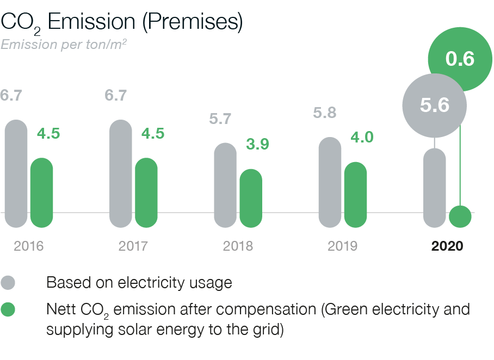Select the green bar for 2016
(41, 193)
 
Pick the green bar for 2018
(251, 198)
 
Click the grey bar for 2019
(329, 182)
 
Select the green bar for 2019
(355, 194)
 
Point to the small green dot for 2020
(460, 216)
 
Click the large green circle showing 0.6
(460, 59)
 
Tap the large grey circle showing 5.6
(435, 104)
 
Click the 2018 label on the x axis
(238, 246)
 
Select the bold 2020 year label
(447, 246)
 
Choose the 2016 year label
(28, 246)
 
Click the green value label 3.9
(257, 145)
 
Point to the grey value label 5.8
(325, 113)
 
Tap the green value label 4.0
(362, 137)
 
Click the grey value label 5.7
(220, 119)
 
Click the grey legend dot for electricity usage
(8, 283)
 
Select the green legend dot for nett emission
(8, 310)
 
